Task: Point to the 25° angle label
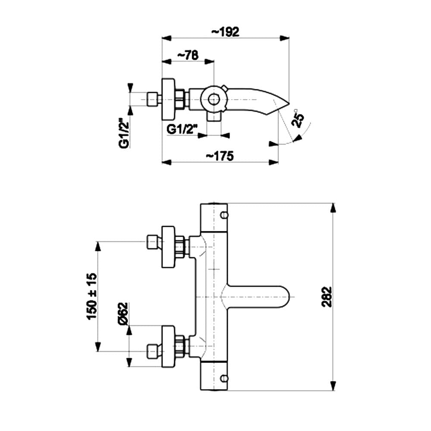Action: click(298, 117)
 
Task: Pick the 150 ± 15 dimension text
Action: click(92, 297)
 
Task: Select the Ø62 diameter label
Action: click(122, 313)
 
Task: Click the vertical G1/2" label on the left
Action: click(124, 134)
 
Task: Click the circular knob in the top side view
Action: click(214, 100)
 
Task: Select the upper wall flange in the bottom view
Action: click(169, 246)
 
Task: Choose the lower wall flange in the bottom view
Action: click(169, 347)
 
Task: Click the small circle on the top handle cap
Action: click(223, 215)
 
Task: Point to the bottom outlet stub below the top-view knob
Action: click(213, 116)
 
